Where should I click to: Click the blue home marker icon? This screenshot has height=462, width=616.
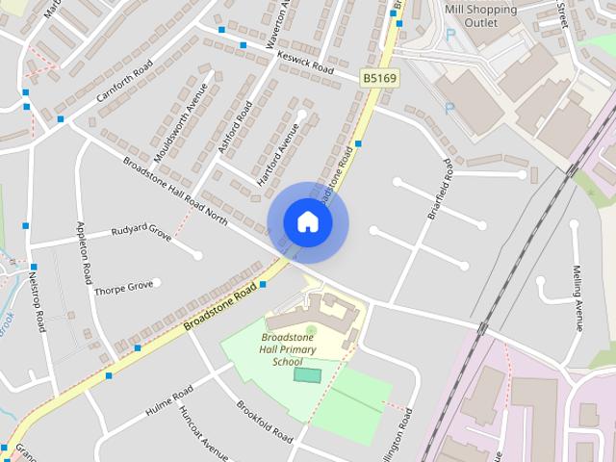point(308,222)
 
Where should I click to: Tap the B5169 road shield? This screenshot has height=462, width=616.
point(378,76)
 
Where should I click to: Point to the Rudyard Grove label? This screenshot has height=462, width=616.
point(141,233)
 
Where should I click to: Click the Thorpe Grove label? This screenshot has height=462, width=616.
point(125,286)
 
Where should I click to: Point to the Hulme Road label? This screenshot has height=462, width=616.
point(169,401)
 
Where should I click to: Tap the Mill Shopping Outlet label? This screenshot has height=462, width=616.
point(481,16)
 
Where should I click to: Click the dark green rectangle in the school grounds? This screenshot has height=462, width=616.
point(307,374)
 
